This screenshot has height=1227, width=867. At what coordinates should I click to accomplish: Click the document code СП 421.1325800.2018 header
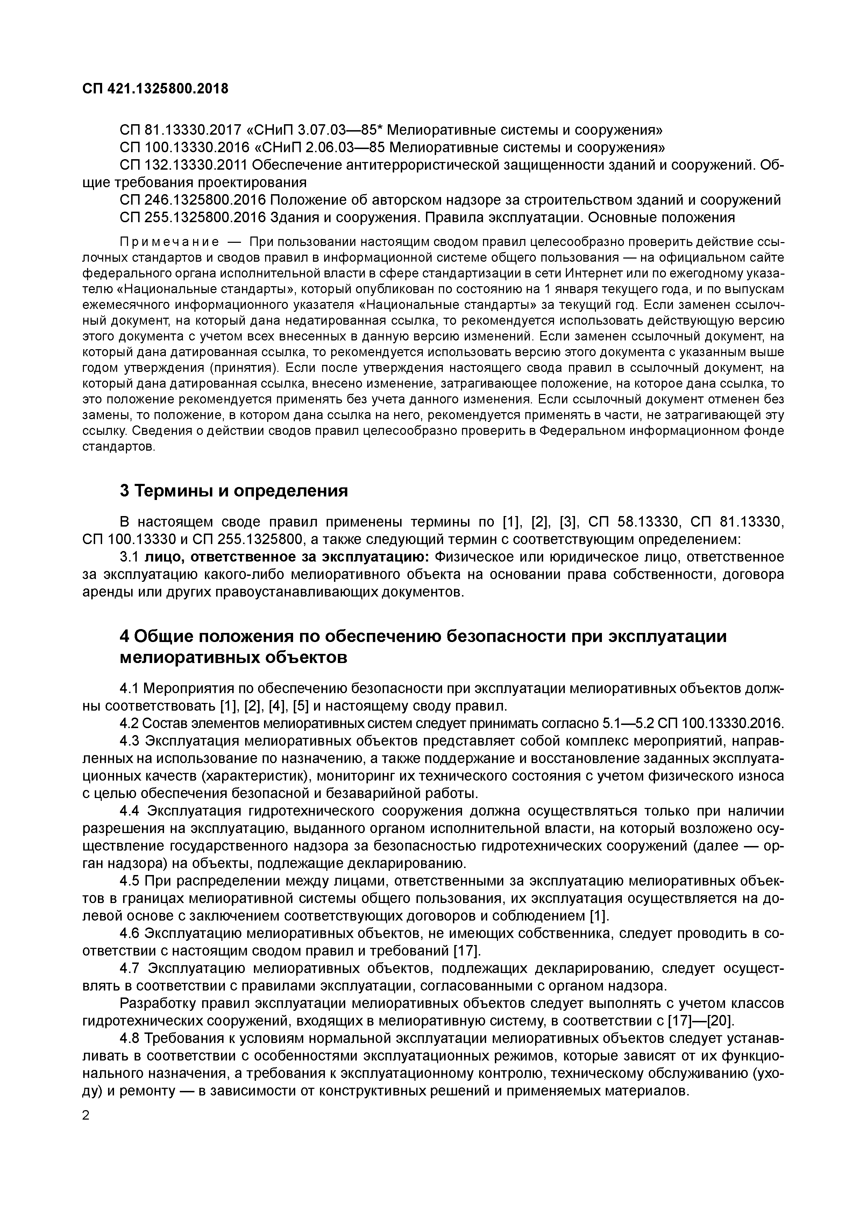pyautogui.click(x=155, y=89)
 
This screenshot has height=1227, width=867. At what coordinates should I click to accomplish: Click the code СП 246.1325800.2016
pyautogui.click(x=193, y=200)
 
